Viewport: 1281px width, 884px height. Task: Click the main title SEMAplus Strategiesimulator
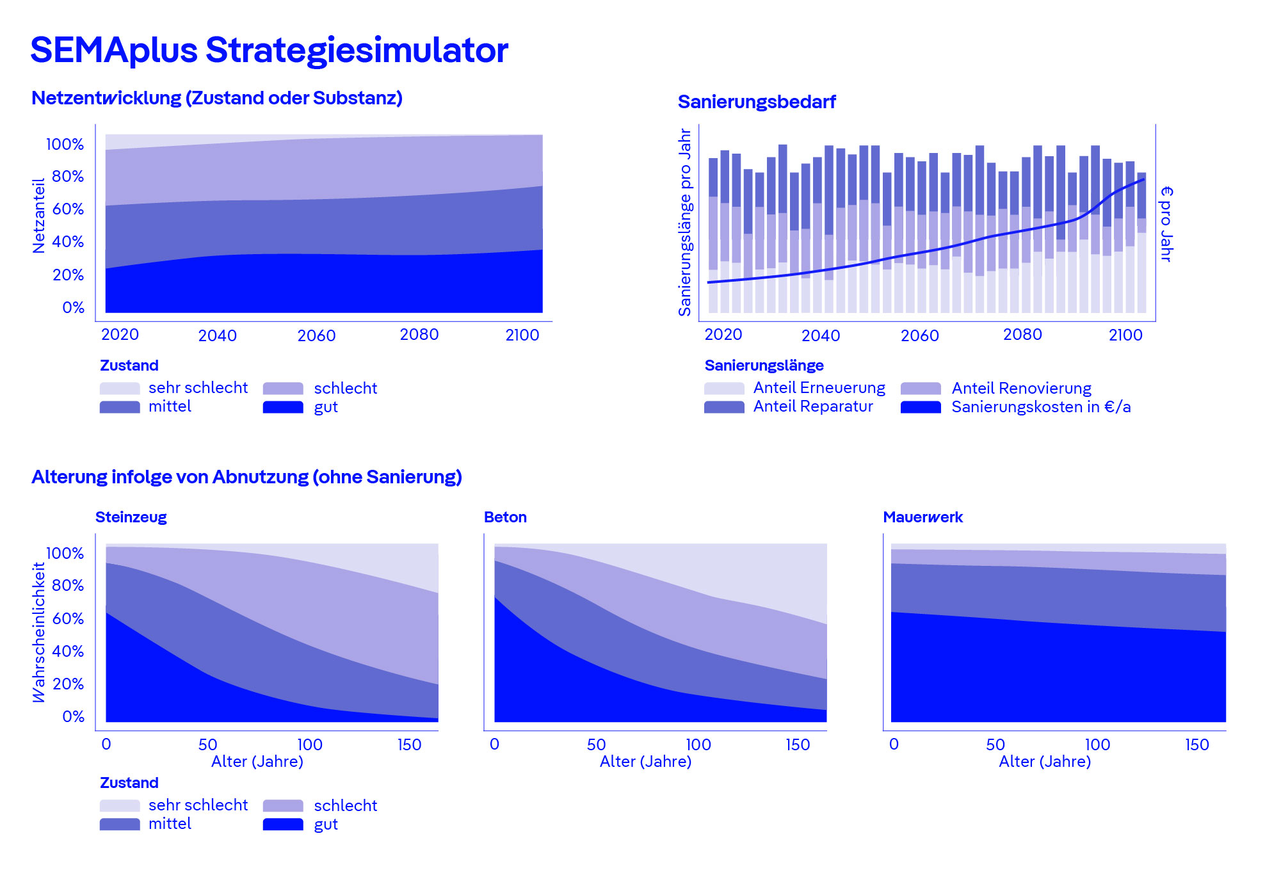[x=269, y=50]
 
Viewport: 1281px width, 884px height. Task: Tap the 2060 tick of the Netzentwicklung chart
[x=316, y=335]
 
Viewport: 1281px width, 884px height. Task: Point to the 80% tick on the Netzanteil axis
[x=68, y=176]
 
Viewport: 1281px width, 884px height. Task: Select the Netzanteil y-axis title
[x=39, y=216]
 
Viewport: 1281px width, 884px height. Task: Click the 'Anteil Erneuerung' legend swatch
[x=723, y=389]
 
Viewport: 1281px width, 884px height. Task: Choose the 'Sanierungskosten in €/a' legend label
[x=1040, y=407]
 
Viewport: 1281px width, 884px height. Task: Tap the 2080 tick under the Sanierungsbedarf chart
[x=1022, y=335]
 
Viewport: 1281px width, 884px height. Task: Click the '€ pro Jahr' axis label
[x=1166, y=224]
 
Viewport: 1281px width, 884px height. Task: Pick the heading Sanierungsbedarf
[x=756, y=102]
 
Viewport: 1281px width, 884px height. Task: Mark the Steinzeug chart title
[x=131, y=517]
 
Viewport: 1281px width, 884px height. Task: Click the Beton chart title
[x=505, y=517]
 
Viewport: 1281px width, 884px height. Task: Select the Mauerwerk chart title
[x=922, y=517]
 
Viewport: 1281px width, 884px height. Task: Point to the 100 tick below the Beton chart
[x=698, y=744]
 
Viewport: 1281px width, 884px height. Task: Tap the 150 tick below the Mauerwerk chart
[x=1196, y=744]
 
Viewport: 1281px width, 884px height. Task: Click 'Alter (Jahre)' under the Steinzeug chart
[x=257, y=762]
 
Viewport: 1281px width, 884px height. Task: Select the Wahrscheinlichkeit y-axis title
[x=39, y=632]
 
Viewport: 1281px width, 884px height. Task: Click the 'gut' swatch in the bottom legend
[x=283, y=824]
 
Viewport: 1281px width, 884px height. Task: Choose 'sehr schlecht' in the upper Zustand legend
[x=198, y=388]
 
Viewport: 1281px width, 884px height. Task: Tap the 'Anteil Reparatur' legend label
[x=812, y=406]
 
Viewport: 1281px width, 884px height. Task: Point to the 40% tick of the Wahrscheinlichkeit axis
[x=68, y=651]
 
